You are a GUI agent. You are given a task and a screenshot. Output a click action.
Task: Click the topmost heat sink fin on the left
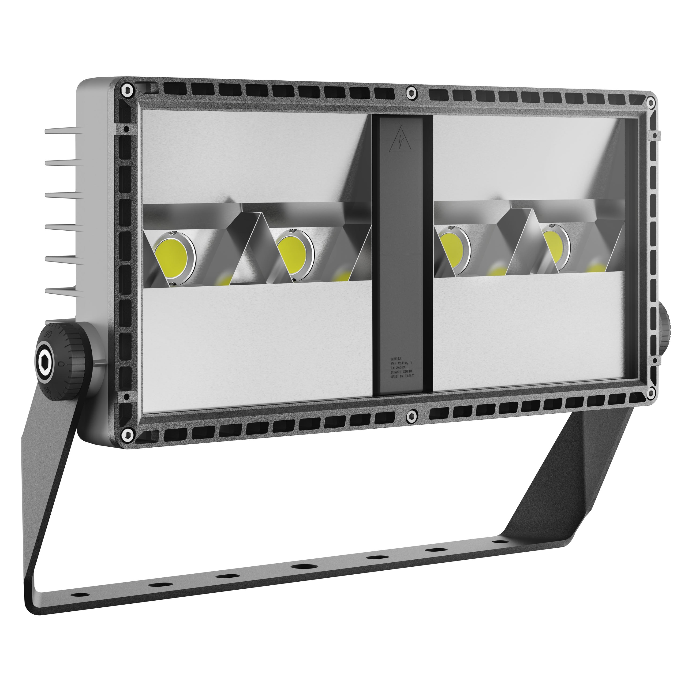pos(60,131)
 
